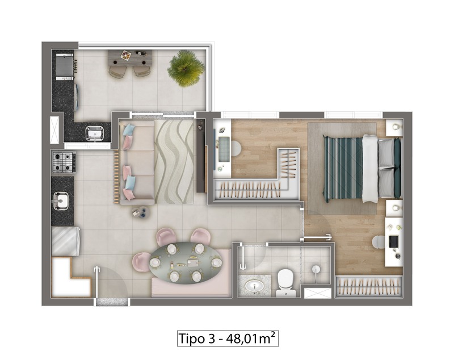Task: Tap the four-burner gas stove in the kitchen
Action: click(64, 162)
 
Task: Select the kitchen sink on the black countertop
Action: click(61, 200)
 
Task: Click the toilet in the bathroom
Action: click(285, 283)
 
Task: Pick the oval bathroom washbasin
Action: click(254, 286)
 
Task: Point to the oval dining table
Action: click(186, 263)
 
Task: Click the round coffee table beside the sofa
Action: click(140, 212)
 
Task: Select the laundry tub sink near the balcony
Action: click(94, 133)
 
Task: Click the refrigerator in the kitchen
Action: click(66, 241)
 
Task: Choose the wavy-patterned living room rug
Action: click(174, 162)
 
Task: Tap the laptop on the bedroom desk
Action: click(393, 241)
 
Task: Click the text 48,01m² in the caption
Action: click(250, 338)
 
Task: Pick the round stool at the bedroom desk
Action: click(378, 242)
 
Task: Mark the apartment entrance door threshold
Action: click(111, 302)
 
